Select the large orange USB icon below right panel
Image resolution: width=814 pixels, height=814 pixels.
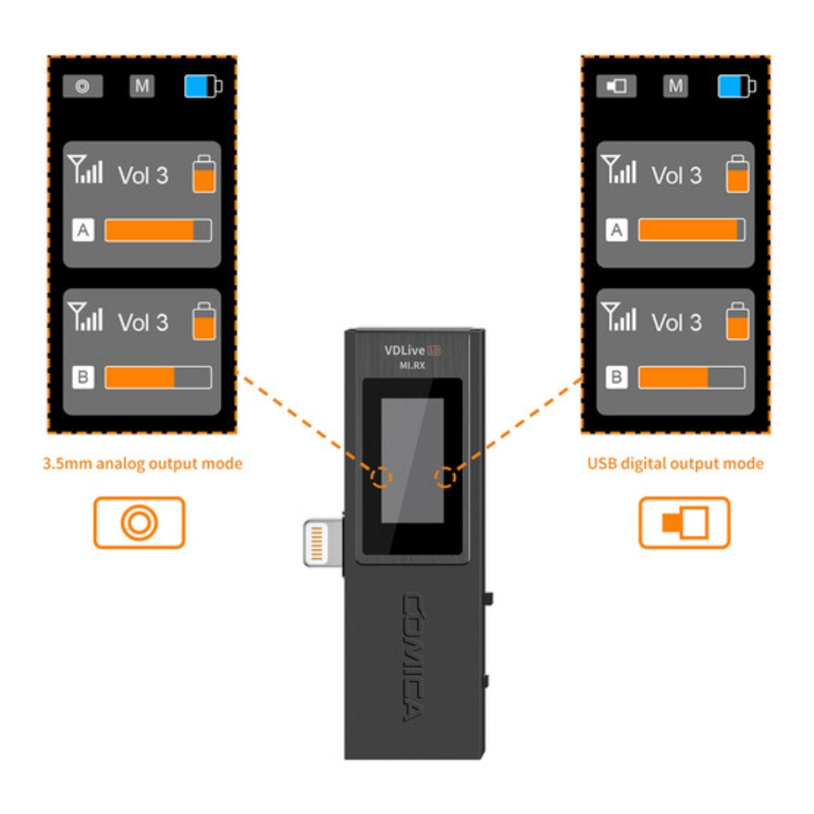click(x=685, y=522)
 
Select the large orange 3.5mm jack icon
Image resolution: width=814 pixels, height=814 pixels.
click(x=139, y=522)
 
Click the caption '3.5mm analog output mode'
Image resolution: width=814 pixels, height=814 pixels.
click(x=142, y=464)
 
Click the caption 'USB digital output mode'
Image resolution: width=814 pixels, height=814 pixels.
click(x=676, y=464)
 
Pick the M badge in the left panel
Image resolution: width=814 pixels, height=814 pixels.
click(x=142, y=86)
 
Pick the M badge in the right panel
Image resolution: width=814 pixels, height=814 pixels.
click(x=676, y=86)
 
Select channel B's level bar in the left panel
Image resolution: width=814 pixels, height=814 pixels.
click(x=158, y=378)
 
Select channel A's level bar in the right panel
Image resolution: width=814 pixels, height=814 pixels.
click(x=691, y=231)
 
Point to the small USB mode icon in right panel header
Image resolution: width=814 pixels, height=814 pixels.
click(x=616, y=86)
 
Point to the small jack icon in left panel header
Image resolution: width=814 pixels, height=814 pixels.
click(x=83, y=86)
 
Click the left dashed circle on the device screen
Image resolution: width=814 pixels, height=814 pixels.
click(x=381, y=478)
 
